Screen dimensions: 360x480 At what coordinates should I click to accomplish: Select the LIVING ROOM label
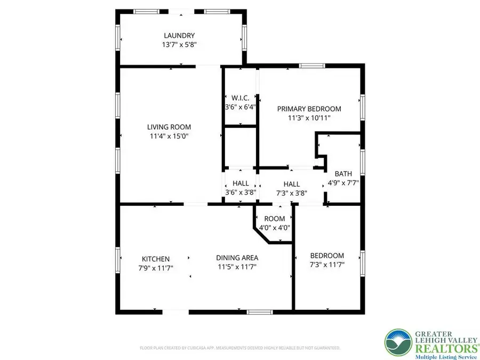169,127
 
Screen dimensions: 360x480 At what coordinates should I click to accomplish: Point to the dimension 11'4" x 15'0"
169,136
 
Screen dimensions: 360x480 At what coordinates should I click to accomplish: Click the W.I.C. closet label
241,98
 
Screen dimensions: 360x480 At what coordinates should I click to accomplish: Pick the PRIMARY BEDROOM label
309,109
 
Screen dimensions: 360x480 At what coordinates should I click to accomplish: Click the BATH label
343,173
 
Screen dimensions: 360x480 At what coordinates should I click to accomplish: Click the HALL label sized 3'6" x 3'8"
241,183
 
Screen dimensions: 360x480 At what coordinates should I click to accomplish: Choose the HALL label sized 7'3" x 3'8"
291,183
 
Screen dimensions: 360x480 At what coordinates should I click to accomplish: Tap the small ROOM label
275,219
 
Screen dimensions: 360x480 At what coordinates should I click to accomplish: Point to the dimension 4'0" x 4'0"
275,228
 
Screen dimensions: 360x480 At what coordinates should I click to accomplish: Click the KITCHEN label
156,258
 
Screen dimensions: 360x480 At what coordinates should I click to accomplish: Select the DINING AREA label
237,257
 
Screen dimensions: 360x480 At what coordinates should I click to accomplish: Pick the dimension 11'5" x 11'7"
237,267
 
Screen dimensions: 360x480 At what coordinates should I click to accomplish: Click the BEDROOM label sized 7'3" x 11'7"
327,255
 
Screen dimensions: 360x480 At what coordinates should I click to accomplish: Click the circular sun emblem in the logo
398,342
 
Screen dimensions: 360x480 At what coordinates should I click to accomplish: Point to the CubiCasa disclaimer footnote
240,348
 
